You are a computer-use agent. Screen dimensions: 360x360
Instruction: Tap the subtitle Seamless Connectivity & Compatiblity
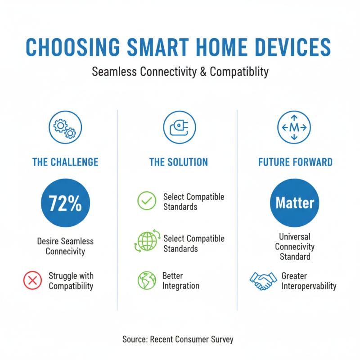click(180, 72)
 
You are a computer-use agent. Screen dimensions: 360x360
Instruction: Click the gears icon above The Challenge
click(65, 127)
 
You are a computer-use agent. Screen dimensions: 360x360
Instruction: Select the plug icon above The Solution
click(179, 127)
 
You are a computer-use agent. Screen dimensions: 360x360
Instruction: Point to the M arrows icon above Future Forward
click(294, 127)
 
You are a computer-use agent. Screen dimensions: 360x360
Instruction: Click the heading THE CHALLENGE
click(65, 162)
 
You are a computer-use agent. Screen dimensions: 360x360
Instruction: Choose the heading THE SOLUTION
click(179, 162)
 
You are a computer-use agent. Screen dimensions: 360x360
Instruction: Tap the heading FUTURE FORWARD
click(295, 162)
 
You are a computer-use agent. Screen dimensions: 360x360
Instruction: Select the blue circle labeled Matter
click(295, 203)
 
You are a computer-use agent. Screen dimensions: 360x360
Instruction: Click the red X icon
click(32, 281)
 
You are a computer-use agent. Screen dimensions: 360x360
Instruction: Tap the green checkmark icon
click(147, 201)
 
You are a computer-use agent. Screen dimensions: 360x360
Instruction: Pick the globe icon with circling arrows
click(146, 241)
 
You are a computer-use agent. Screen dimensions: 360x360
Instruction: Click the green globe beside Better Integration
click(147, 280)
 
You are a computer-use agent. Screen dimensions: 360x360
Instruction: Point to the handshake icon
click(263, 281)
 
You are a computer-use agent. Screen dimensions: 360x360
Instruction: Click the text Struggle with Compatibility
click(71, 281)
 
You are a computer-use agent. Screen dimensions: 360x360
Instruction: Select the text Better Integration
click(181, 281)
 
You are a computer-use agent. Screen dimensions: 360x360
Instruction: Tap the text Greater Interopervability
click(309, 281)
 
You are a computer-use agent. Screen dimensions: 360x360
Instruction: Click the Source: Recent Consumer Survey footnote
click(178, 339)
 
